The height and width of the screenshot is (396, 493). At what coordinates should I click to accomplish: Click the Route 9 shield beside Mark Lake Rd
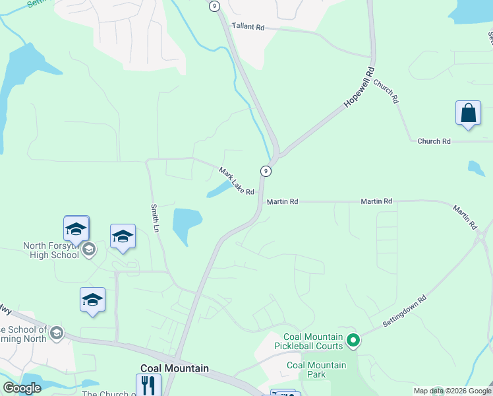[x=266, y=171]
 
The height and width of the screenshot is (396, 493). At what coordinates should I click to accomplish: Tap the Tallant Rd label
[x=248, y=27]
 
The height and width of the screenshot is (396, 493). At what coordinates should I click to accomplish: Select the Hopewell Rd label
[x=359, y=87]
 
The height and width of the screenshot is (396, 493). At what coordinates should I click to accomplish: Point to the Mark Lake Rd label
[x=237, y=181]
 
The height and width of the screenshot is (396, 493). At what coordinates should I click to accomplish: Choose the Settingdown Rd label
[x=405, y=311]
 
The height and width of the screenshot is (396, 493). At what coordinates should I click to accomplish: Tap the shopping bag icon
[x=468, y=113]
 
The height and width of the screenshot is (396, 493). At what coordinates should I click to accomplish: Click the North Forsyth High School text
[x=51, y=250]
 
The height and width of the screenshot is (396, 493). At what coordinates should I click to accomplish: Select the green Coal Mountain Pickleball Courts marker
[x=353, y=341]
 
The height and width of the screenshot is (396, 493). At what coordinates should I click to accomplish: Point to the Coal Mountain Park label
[x=316, y=370]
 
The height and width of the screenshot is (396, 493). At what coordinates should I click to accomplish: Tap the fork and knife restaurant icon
[x=148, y=385]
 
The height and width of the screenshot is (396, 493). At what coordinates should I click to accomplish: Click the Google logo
[x=22, y=388]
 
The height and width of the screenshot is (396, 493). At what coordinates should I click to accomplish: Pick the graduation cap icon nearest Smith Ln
[x=123, y=236]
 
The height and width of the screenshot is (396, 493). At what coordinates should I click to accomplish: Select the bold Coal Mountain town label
[x=175, y=368]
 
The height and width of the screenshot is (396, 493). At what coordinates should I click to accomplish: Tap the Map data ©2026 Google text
[x=453, y=391]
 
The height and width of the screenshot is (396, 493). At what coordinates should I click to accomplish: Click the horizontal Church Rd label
[x=433, y=141]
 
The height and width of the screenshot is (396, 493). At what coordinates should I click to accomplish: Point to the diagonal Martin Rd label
[x=465, y=216]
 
